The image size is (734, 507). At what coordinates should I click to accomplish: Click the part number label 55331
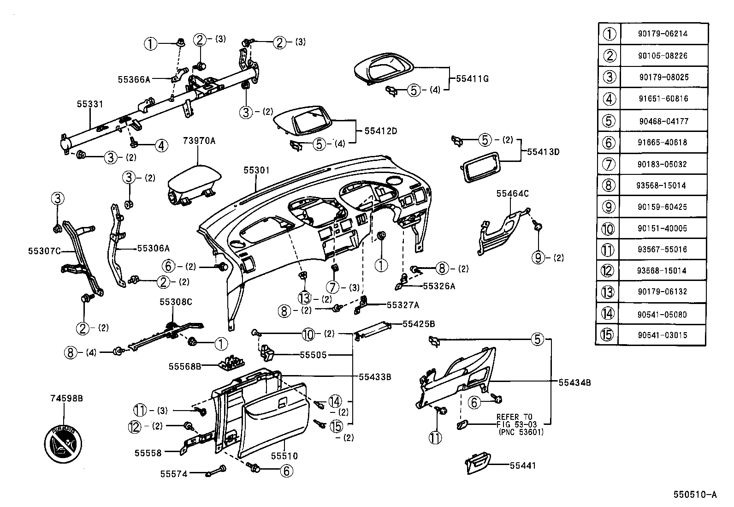[x=90, y=105]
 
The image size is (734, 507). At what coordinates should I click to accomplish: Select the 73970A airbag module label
[x=199, y=141]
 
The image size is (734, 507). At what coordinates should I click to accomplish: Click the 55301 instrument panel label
[x=256, y=171]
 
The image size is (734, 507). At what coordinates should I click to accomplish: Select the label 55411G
[x=472, y=79]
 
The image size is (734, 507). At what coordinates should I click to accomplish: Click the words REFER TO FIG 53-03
[x=514, y=420]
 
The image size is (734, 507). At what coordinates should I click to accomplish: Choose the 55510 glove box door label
[x=284, y=456]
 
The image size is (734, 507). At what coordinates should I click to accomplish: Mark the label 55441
[x=523, y=466]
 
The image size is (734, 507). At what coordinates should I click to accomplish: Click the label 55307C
[x=44, y=251]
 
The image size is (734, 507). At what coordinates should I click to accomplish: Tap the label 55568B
[x=184, y=366]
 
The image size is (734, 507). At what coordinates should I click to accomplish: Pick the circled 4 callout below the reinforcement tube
[x=161, y=146]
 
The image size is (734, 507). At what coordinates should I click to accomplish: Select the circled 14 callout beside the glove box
[x=335, y=401]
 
